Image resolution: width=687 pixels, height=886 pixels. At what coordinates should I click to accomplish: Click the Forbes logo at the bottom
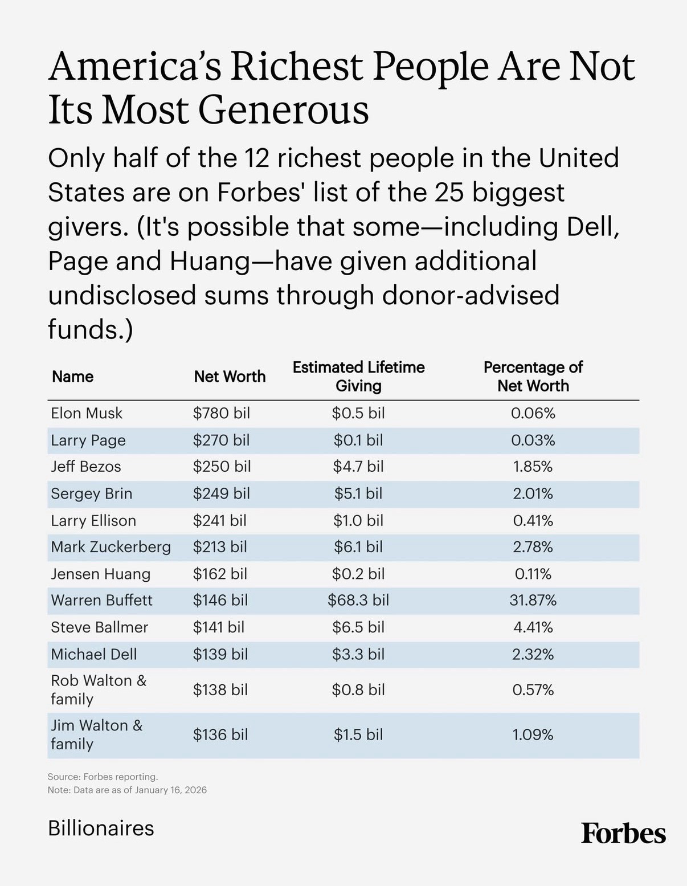(x=623, y=834)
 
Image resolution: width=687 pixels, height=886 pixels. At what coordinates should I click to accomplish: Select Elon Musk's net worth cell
(x=221, y=413)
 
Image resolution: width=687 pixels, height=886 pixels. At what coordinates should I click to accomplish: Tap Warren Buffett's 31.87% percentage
(x=533, y=600)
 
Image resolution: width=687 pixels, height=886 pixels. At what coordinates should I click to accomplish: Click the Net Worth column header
(x=230, y=377)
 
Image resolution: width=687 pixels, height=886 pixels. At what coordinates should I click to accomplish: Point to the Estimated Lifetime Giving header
(x=358, y=376)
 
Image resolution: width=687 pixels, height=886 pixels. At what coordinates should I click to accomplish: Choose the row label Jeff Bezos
(x=86, y=467)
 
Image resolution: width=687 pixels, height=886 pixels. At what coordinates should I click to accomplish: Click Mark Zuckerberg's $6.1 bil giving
(x=358, y=547)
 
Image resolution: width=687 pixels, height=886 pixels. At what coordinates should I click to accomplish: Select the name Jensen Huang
(x=100, y=574)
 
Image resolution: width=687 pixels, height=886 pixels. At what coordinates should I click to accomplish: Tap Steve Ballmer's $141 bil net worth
(x=218, y=627)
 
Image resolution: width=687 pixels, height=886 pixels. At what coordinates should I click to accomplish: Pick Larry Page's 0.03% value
(x=533, y=440)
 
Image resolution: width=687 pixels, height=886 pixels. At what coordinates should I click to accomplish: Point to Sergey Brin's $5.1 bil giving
(x=358, y=493)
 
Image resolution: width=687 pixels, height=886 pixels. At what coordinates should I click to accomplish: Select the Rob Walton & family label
(x=98, y=689)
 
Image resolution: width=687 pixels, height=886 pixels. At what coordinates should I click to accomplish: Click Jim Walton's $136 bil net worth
(x=220, y=735)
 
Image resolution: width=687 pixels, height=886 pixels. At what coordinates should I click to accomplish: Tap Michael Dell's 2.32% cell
(x=533, y=654)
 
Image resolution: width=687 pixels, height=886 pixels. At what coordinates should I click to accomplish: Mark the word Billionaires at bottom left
(x=101, y=828)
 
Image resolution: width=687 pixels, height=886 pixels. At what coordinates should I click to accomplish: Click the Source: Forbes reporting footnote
(x=103, y=777)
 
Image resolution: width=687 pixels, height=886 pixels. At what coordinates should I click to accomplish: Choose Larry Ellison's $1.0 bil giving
(x=358, y=521)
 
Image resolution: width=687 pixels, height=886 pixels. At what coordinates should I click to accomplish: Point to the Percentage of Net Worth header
(x=533, y=376)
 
